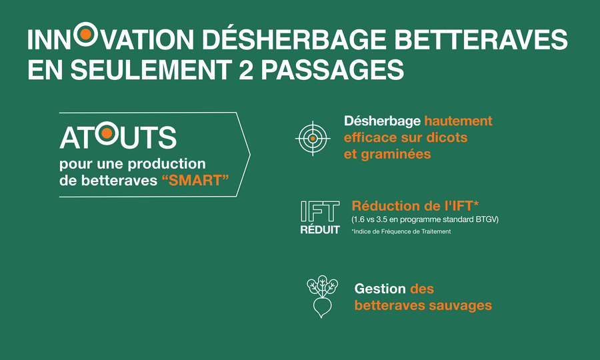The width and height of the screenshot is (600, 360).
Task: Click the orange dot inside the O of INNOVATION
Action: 86,34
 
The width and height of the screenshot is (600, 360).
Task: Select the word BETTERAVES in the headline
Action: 481,39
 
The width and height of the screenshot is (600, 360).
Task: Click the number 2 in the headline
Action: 245,69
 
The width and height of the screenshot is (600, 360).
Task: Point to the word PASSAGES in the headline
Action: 333,69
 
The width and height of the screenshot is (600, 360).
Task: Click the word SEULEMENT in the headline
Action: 151,69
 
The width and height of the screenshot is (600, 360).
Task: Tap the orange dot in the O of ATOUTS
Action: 107,133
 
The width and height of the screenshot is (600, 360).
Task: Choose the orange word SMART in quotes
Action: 195,180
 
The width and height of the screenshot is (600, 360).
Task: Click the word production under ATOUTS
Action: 167,165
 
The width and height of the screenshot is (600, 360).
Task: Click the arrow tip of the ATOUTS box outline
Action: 250,155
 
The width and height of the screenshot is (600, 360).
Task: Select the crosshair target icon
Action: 313,139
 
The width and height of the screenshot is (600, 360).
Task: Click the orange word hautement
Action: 459,121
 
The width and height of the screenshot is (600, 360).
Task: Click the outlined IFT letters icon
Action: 320,211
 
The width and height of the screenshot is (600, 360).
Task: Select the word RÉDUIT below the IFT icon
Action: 320,229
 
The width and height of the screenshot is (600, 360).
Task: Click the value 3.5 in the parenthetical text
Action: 383,219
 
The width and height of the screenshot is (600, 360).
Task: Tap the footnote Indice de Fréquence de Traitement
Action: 401,231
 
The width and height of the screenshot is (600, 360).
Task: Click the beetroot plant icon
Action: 322,297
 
